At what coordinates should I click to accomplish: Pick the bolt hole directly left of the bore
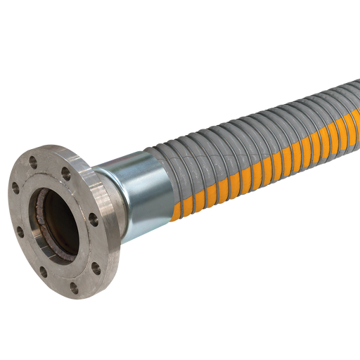tap(15, 212)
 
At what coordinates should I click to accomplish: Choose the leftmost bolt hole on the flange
tap(15, 187)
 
